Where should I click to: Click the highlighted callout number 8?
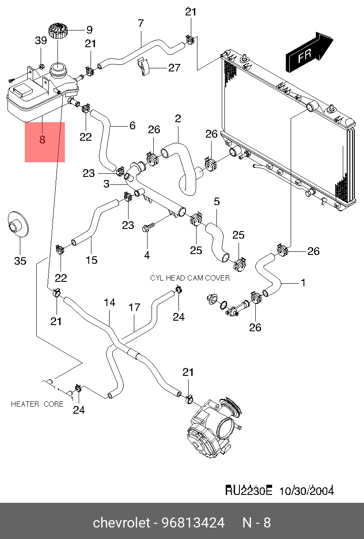(42, 140)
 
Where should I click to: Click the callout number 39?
(41, 41)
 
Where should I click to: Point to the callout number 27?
(174, 68)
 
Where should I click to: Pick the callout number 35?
(20, 261)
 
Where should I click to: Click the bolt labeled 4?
(148, 228)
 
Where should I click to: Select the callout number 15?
(91, 260)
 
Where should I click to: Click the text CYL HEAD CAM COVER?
(190, 278)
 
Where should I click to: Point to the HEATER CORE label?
(37, 404)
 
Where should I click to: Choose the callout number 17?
(134, 307)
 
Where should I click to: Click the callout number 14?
(110, 303)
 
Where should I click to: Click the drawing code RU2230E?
(249, 490)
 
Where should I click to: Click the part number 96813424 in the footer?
(193, 523)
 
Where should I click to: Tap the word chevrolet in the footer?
(121, 523)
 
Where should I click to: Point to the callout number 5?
(217, 202)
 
